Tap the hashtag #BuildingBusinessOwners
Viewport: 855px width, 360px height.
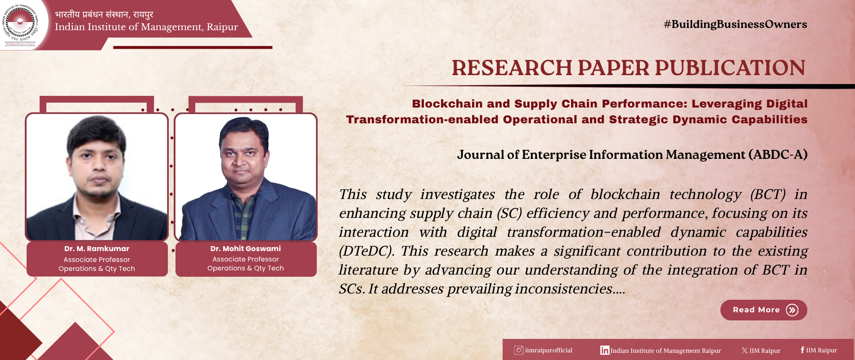[x=735, y=24]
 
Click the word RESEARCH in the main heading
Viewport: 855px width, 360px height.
[x=512, y=68]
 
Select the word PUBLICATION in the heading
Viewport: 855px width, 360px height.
[x=730, y=68]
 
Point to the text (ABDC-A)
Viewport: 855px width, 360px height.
[x=778, y=155]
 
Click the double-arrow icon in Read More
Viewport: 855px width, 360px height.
[x=792, y=310]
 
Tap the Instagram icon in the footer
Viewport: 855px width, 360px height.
[x=518, y=350]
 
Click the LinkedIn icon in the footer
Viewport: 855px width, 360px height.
[x=605, y=350]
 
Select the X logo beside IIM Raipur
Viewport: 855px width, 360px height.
[x=745, y=351]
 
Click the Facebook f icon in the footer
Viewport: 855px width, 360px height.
[x=802, y=350]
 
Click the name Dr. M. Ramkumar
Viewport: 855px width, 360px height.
[x=97, y=249]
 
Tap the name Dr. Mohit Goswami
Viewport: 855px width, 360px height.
[x=246, y=248]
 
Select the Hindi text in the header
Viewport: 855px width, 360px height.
[x=104, y=14]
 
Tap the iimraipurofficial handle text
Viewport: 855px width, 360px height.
[x=549, y=351]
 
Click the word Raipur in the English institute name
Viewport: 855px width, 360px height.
[x=222, y=27]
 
